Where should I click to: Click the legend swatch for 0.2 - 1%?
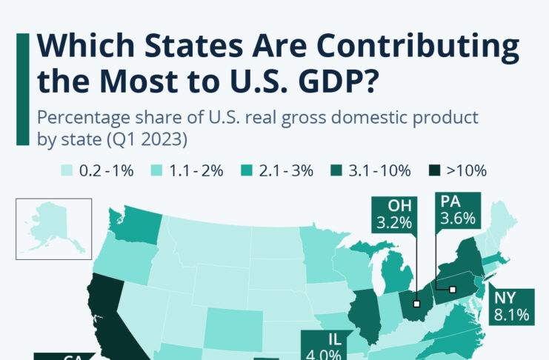pyautogui.click(x=66, y=171)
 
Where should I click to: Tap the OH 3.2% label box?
pyautogui.click(x=392, y=213)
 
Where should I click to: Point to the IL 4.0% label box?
pyautogui.click(x=322, y=345)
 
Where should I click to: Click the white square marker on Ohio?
pyautogui.click(x=417, y=304)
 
